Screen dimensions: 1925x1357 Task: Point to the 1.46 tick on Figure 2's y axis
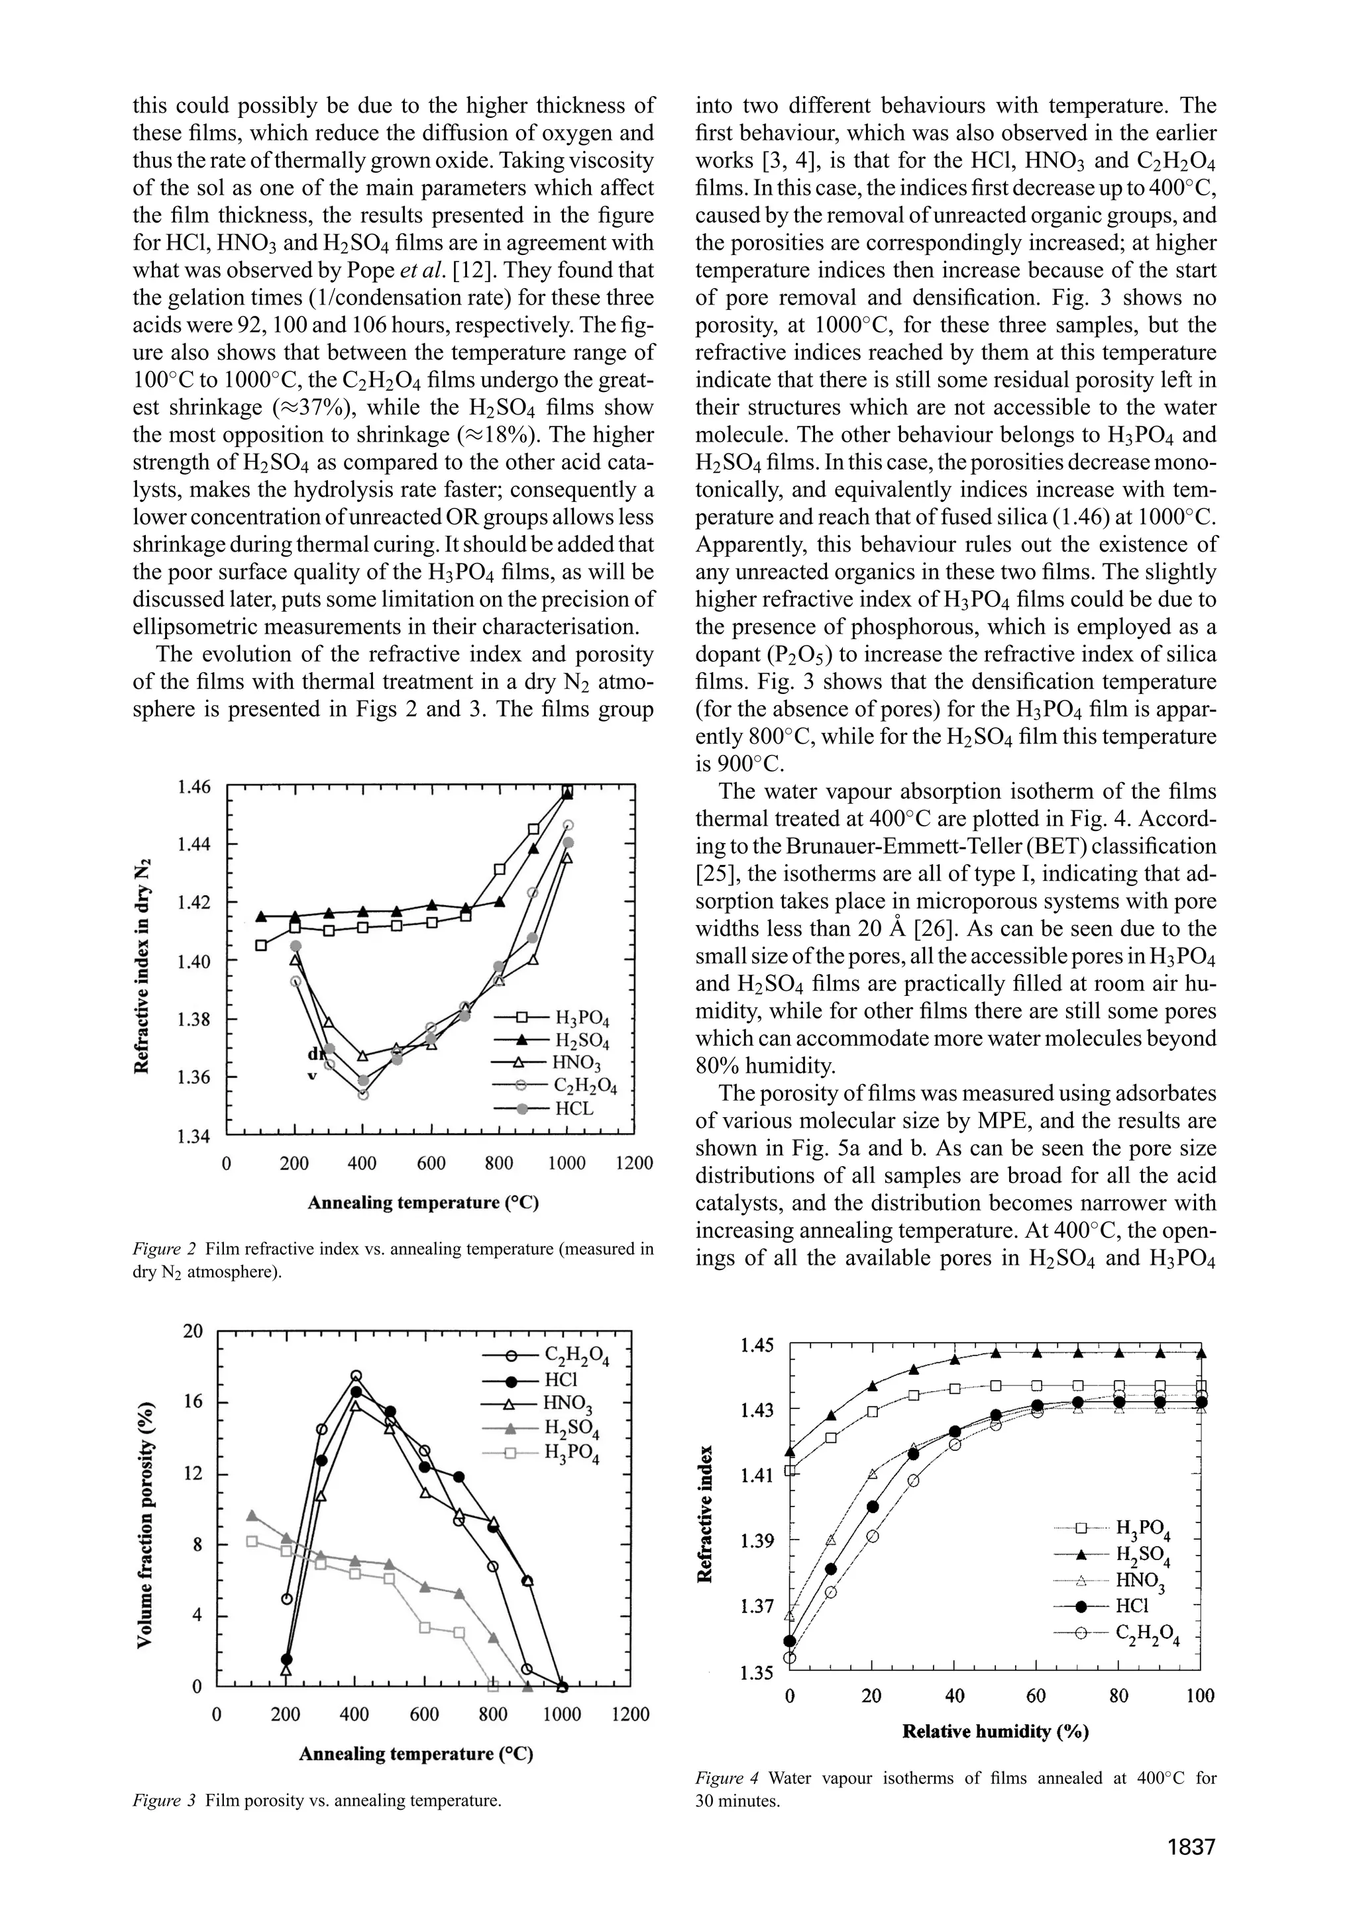195,787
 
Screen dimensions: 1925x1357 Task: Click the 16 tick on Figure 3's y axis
193,1402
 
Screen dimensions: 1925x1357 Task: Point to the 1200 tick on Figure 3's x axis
629,1714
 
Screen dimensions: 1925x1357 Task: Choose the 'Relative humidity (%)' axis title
995,1732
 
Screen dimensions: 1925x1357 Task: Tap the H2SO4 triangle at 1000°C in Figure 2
568,793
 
